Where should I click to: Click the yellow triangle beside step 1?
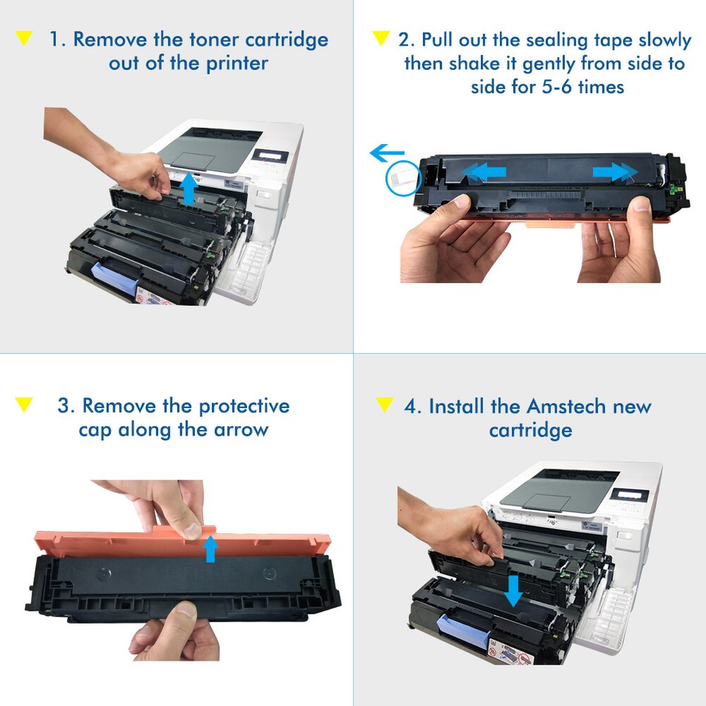(x=24, y=38)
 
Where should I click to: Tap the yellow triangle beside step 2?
(x=380, y=38)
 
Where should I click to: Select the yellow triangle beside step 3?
(x=24, y=404)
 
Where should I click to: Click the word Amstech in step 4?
(x=562, y=406)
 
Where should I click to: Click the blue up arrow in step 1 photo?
(x=189, y=188)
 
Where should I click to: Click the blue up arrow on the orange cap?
(x=211, y=548)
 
